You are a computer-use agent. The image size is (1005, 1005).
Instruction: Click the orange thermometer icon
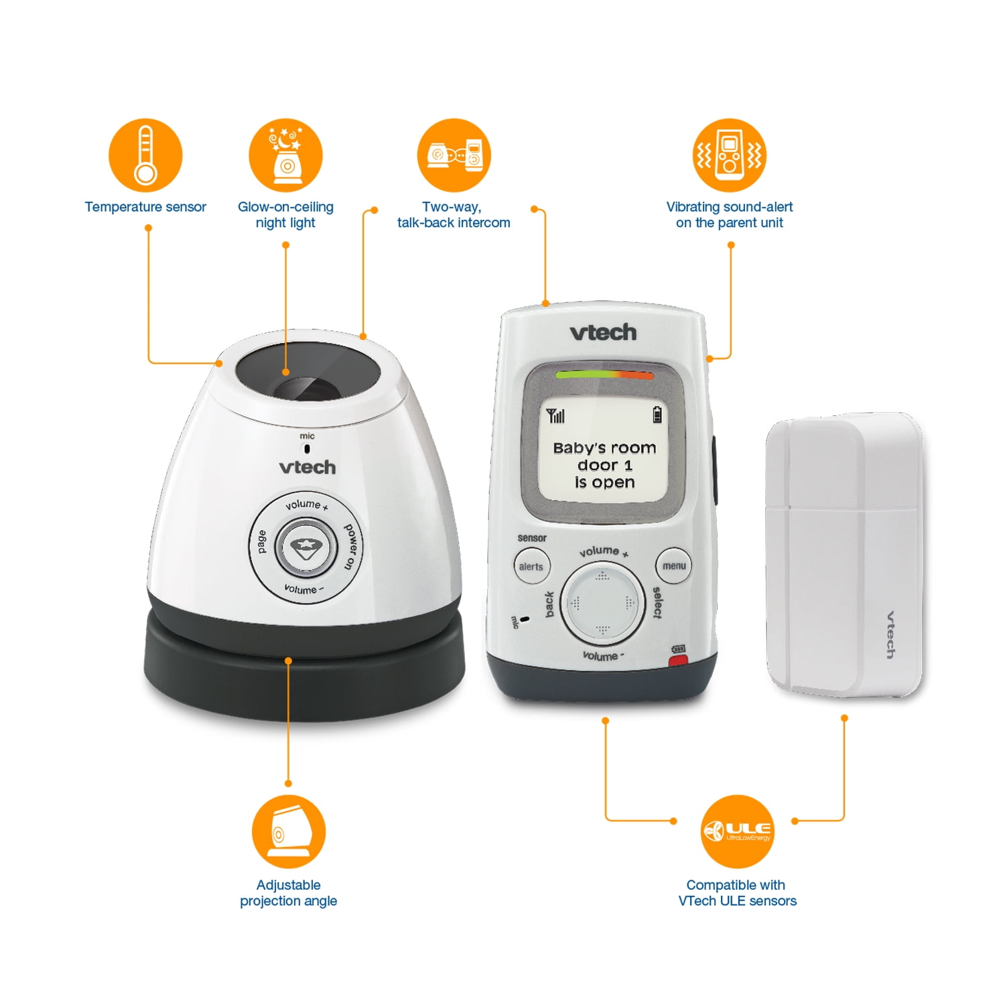[x=145, y=155]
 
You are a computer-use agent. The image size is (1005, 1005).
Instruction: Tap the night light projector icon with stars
[x=285, y=155]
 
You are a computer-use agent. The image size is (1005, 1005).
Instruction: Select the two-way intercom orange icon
[x=454, y=155]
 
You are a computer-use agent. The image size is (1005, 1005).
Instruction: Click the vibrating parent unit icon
[x=729, y=155]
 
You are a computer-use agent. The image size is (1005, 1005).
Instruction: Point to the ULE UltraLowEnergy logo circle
[x=737, y=831]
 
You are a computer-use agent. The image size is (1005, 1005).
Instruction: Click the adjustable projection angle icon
[x=288, y=831]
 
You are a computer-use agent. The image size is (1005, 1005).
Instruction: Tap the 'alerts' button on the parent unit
[x=531, y=566]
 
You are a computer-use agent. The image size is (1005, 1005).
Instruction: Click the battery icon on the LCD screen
[x=657, y=415]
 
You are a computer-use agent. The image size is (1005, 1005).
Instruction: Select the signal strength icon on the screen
[x=555, y=416]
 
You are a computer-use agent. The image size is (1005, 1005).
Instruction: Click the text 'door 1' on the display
[x=604, y=465]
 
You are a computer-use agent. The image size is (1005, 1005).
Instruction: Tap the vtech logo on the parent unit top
[x=603, y=332]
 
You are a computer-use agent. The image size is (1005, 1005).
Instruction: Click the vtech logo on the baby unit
[x=307, y=467]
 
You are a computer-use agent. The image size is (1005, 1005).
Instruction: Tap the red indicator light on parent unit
[x=679, y=661]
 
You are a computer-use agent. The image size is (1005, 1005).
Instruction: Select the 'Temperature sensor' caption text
[x=145, y=207]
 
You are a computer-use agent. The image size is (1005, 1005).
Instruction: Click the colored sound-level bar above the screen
[x=604, y=375]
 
